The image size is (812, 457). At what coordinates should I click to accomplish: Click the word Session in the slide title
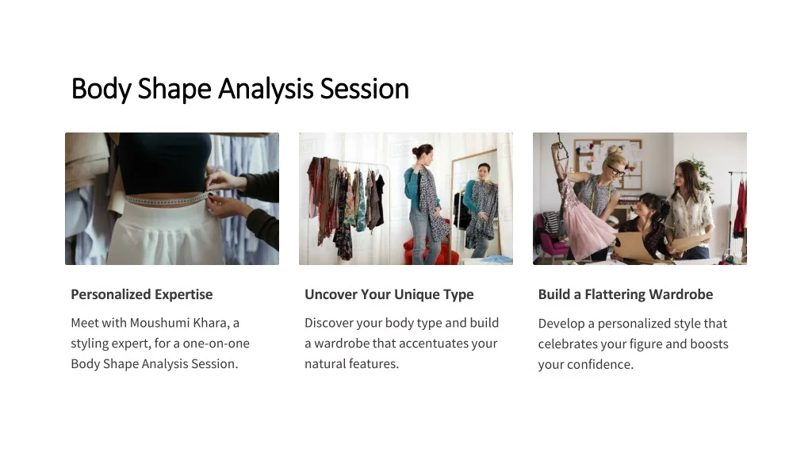(x=364, y=89)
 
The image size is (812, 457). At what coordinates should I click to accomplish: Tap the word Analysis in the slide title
(x=266, y=89)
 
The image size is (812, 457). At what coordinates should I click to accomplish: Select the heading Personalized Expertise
(x=142, y=294)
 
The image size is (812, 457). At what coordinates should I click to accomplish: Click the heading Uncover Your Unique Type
(x=389, y=294)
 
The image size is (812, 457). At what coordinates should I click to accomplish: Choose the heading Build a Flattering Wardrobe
(x=625, y=294)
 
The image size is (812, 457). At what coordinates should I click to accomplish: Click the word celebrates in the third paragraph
(x=570, y=344)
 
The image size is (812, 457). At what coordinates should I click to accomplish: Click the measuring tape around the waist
(x=167, y=199)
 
